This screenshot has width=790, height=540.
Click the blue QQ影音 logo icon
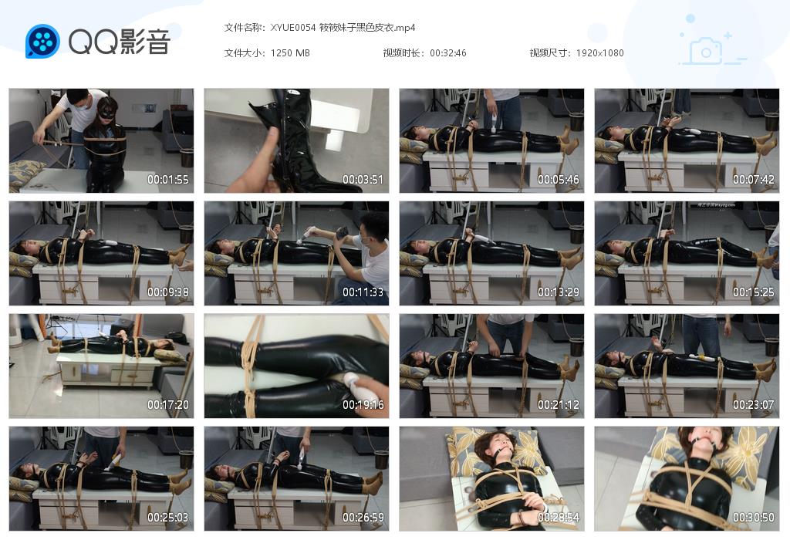click(42, 42)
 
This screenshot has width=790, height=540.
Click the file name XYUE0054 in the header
click(293, 28)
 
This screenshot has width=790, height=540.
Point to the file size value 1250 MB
click(290, 53)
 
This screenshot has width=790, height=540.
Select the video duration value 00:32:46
click(448, 53)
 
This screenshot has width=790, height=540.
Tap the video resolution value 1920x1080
click(599, 53)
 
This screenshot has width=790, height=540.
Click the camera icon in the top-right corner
click(705, 51)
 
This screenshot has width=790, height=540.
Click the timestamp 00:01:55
click(168, 180)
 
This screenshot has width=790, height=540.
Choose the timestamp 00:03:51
click(363, 180)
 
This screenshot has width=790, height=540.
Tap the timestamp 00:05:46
click(559, 180)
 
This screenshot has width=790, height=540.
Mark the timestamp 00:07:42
click(754, 180)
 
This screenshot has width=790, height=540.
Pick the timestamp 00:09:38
click(168, 292)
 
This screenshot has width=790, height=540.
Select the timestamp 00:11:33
click(363, 292)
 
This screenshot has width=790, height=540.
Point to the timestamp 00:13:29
click(559, 292)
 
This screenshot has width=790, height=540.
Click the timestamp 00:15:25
click(754, 292)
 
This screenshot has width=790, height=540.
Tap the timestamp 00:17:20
click(168, 405)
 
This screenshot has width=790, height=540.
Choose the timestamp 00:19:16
click(363, 405)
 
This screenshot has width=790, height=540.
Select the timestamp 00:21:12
click(559, 405)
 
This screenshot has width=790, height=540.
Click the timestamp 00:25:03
click(168, 518)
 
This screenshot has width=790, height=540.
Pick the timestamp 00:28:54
click(559, 518)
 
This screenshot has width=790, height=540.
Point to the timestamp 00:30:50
click(754, 518)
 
